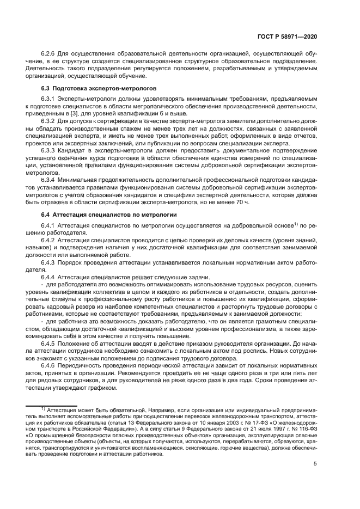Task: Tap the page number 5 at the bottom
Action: pos(315,479)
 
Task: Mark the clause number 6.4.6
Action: pos(50,366)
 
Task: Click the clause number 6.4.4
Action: pos(50,277)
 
